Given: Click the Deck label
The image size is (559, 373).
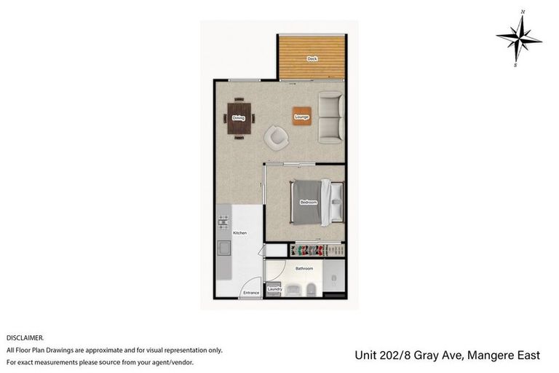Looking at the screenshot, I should pyautogui.click(x=312, y=58).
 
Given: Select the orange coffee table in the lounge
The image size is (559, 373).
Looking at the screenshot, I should pyautogui.click(x=302, y=117).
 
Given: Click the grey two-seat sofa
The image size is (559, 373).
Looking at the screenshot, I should pyautogui.click(x=331, y=117).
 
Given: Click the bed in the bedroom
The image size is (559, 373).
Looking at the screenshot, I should pyautogui.click(x=313, y=202).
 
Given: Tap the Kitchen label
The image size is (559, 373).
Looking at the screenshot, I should pyautogui.click(x=239, y=233).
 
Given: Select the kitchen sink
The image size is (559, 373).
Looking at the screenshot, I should pyautogui.click(x=224, y=248).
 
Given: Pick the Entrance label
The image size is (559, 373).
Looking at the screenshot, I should pyautogui.click(x=251, y=292).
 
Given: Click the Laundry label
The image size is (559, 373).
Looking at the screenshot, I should pyautogui.click(x=274, y=289).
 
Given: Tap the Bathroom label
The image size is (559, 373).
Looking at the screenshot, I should pyautogui.click(x=304, y=269).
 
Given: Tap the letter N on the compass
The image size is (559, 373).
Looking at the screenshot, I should pyautogui.click(x=523, y=12).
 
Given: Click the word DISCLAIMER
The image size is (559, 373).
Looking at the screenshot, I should pyautogui.click(x=25, y=338).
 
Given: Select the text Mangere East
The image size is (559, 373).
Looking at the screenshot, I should pyautogui.click(x=504, y=356).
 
